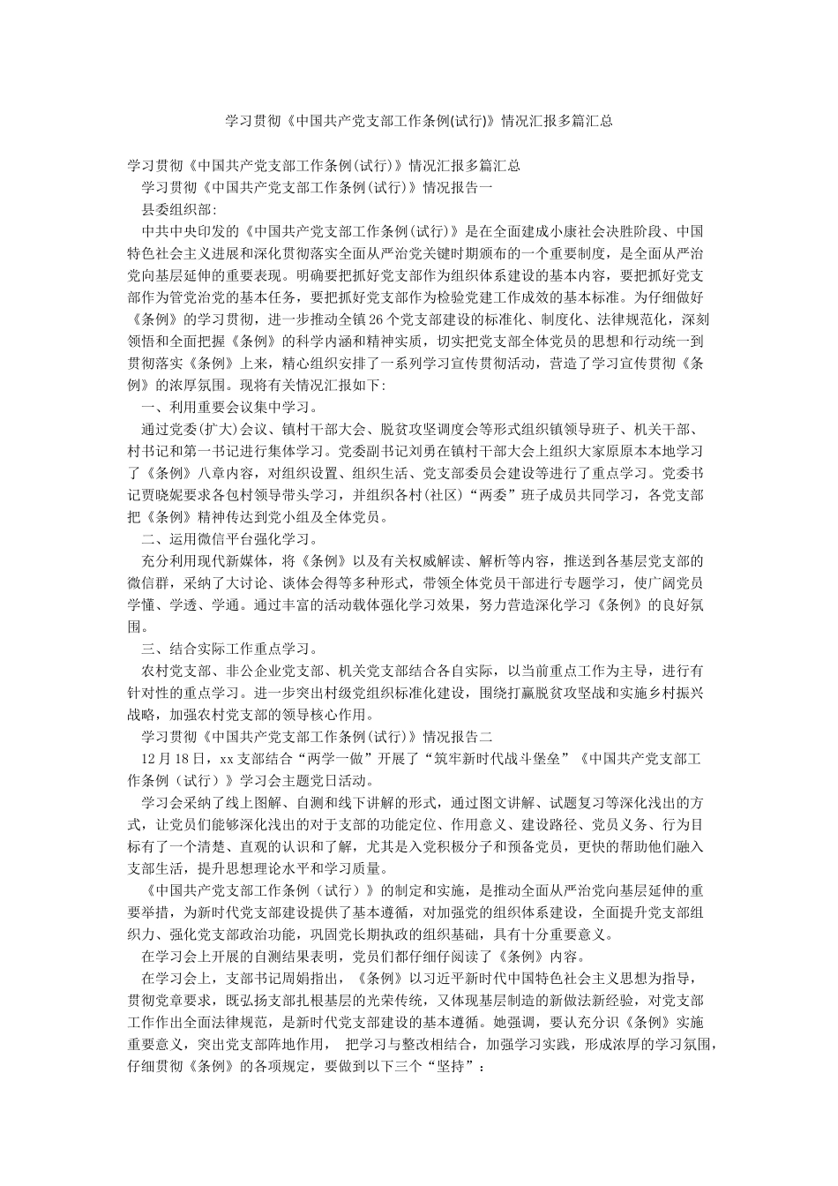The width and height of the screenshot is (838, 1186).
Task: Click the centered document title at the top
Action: pyautogui.click(x=419, y=122)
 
